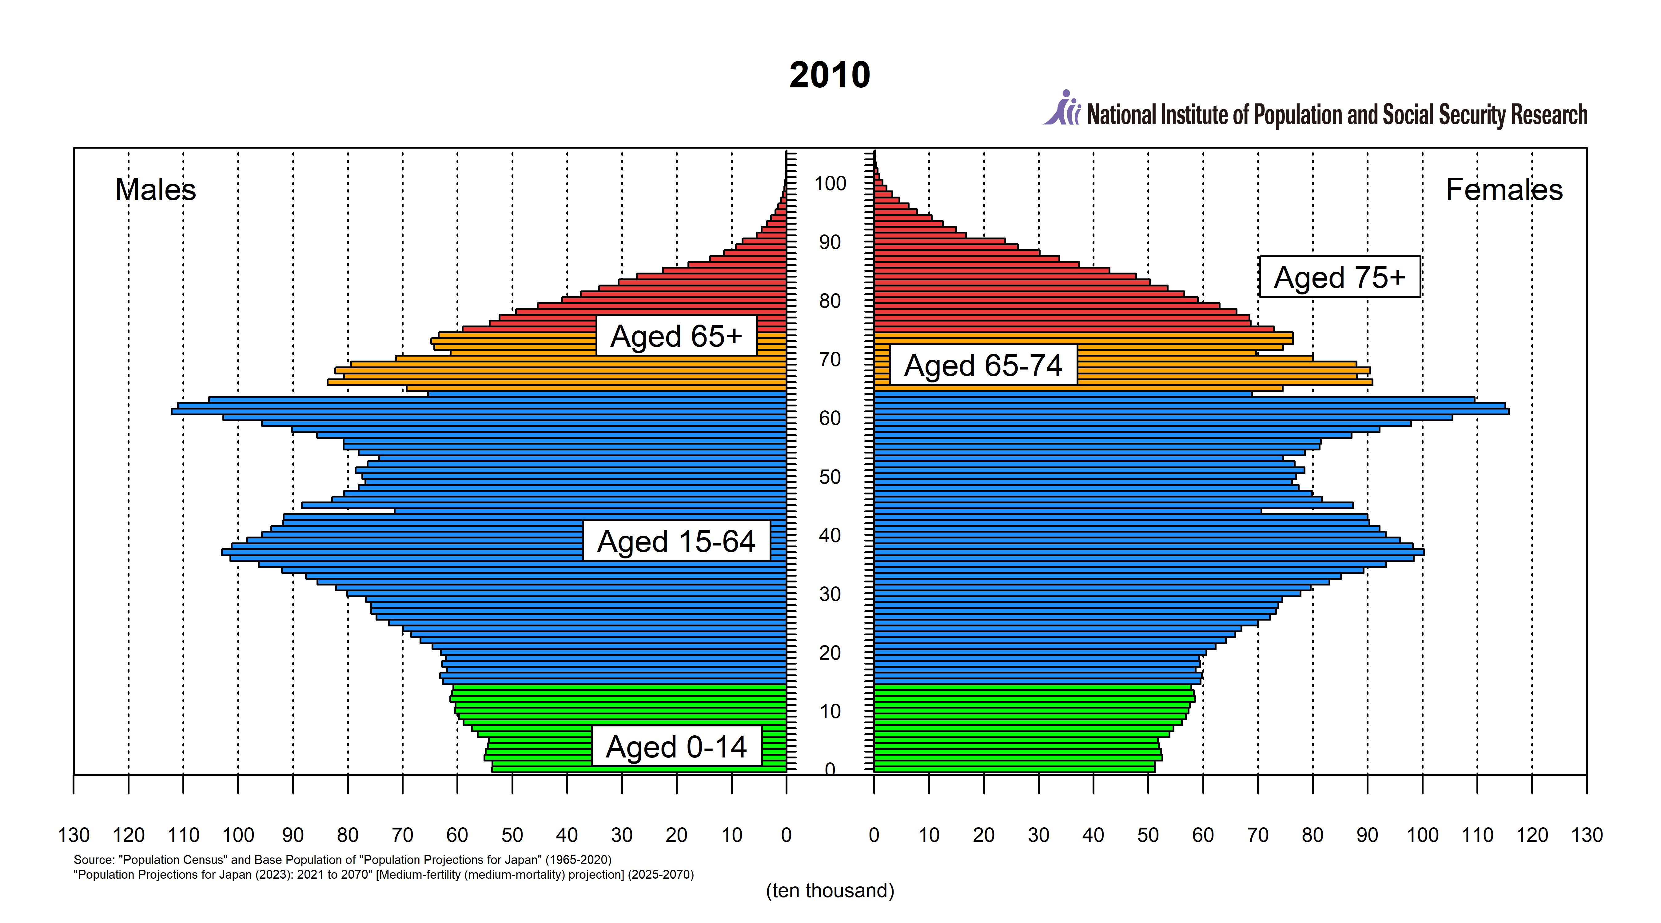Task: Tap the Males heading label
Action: pos(155,190)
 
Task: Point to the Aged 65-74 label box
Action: pos(983,365)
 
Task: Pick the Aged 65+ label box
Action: pos(676,335)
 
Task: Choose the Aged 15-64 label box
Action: pos(676,541)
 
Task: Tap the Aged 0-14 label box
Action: pos(676,746)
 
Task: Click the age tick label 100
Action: pos(830,184)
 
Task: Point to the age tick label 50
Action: pos(830,477)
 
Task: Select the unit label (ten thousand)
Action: pos(830,891)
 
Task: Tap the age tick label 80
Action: pos(830,301)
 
